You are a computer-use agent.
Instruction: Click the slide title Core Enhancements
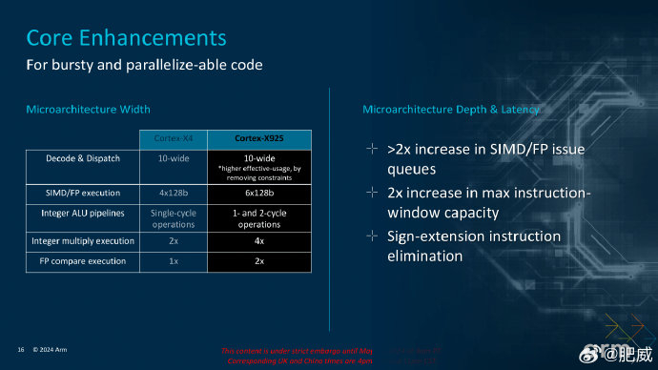[x=126, y=38]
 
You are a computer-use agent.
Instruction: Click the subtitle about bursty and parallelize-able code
[x=144, y=65]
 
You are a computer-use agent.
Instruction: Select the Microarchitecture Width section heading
[x=88, y=110]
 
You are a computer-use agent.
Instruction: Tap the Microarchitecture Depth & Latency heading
[x=451, y=110]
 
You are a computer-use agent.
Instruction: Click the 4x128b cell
[x=174, y=193]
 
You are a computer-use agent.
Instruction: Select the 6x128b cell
[x=258, y=193]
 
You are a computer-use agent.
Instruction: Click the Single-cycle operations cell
[x=174, y=218]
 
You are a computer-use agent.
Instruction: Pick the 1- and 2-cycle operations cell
[x=258, y=218]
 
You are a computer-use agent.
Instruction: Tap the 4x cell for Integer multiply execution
[x=258, y=242]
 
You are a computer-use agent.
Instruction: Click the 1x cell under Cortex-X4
[x=174, y=260]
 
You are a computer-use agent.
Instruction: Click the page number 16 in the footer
[x=20, y=349]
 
